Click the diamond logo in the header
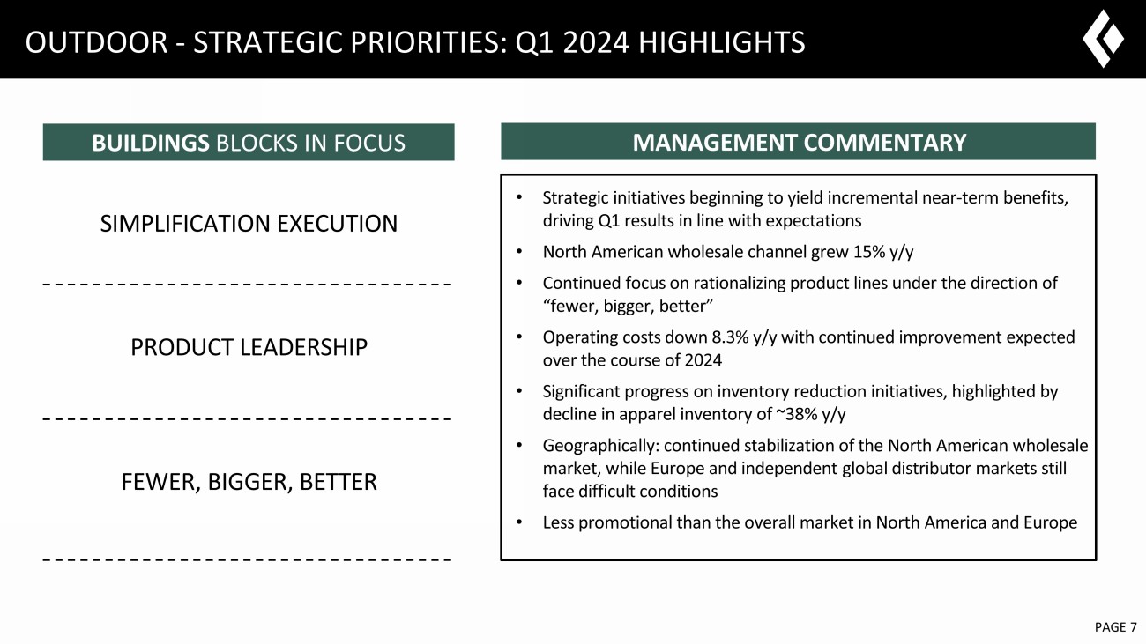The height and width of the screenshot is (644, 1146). (x=1103, y=39)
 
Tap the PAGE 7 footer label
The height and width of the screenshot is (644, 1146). (x=1116, y=627)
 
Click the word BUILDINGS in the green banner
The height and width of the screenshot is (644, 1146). (x=151, y=143)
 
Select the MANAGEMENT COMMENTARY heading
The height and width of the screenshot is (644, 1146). (x=800, y=142)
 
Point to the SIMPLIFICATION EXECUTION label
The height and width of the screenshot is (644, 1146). (x=249, y=224)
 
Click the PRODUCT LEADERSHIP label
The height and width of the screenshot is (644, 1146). (x=249, y=347)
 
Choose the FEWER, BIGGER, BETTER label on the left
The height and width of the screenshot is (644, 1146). (x=249, y=482)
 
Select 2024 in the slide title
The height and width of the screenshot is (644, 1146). (x=596, y=42)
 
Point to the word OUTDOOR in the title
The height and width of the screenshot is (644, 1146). (x=97, y=42)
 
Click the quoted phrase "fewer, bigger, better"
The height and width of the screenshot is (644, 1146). (x=628, y=306)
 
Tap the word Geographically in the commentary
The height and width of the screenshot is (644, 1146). (x=601, y=446)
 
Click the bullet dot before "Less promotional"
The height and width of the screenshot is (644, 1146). (x=519, y=522)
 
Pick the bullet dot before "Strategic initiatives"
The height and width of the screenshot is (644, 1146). (x=519, y=196)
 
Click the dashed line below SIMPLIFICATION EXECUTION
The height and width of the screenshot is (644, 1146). (x=247, y=285)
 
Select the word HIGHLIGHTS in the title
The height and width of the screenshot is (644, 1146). (x=722, y=42)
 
